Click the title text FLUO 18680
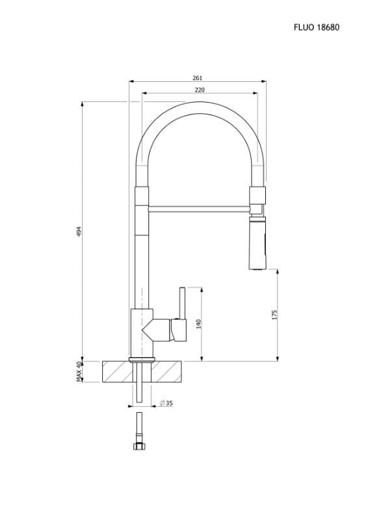316,27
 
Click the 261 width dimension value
197,78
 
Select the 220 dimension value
200,90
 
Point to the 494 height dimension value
79,231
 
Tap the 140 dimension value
199,324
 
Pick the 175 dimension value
274,315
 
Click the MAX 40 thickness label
79,371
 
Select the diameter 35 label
166,403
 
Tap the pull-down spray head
258,242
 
